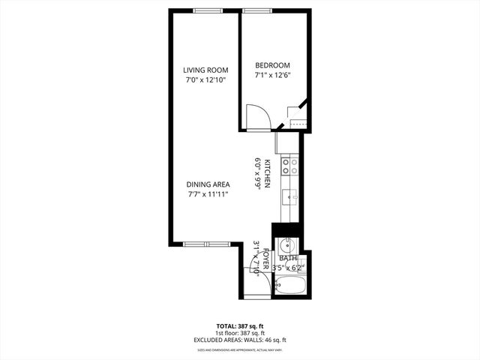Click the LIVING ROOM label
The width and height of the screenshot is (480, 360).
(x=205, y=70)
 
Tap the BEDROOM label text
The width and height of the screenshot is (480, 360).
(x=272, y=65)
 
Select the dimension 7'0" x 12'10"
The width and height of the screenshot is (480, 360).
(x=205, y=79)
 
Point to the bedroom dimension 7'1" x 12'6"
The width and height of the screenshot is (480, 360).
(x=272, y=74)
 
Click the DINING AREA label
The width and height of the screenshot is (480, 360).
(x=208, y=184)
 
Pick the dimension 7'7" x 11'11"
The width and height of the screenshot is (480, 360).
(x=208, y=193)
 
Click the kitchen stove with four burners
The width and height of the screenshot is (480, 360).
(x=289, y=166)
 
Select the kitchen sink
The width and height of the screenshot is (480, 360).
(x=289, y=197)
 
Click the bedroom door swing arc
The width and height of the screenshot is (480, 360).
(x=259, y=117)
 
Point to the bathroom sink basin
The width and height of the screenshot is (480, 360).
(x=286, y=245)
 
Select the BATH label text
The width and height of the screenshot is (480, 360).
(x=289, y=258)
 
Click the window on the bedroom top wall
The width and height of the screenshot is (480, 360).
(x=256, y=10)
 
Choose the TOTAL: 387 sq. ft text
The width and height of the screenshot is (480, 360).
(x=240, y=325)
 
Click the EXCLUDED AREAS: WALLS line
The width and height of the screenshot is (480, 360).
(x=240, y=340)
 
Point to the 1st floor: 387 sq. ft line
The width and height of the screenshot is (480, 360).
(x=240, y=332)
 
